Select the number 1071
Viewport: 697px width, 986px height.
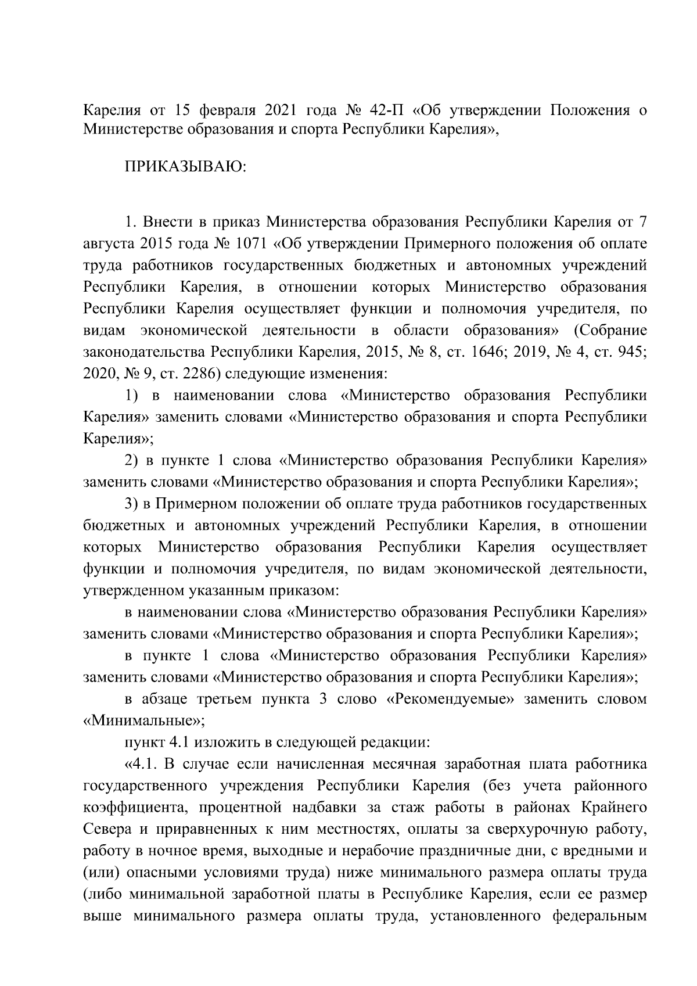tap(260, 244)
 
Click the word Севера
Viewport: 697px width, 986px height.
tap(107, 830)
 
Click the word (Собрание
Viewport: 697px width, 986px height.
tap(610, 331)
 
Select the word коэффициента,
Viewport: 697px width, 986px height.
tap(136, 808)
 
